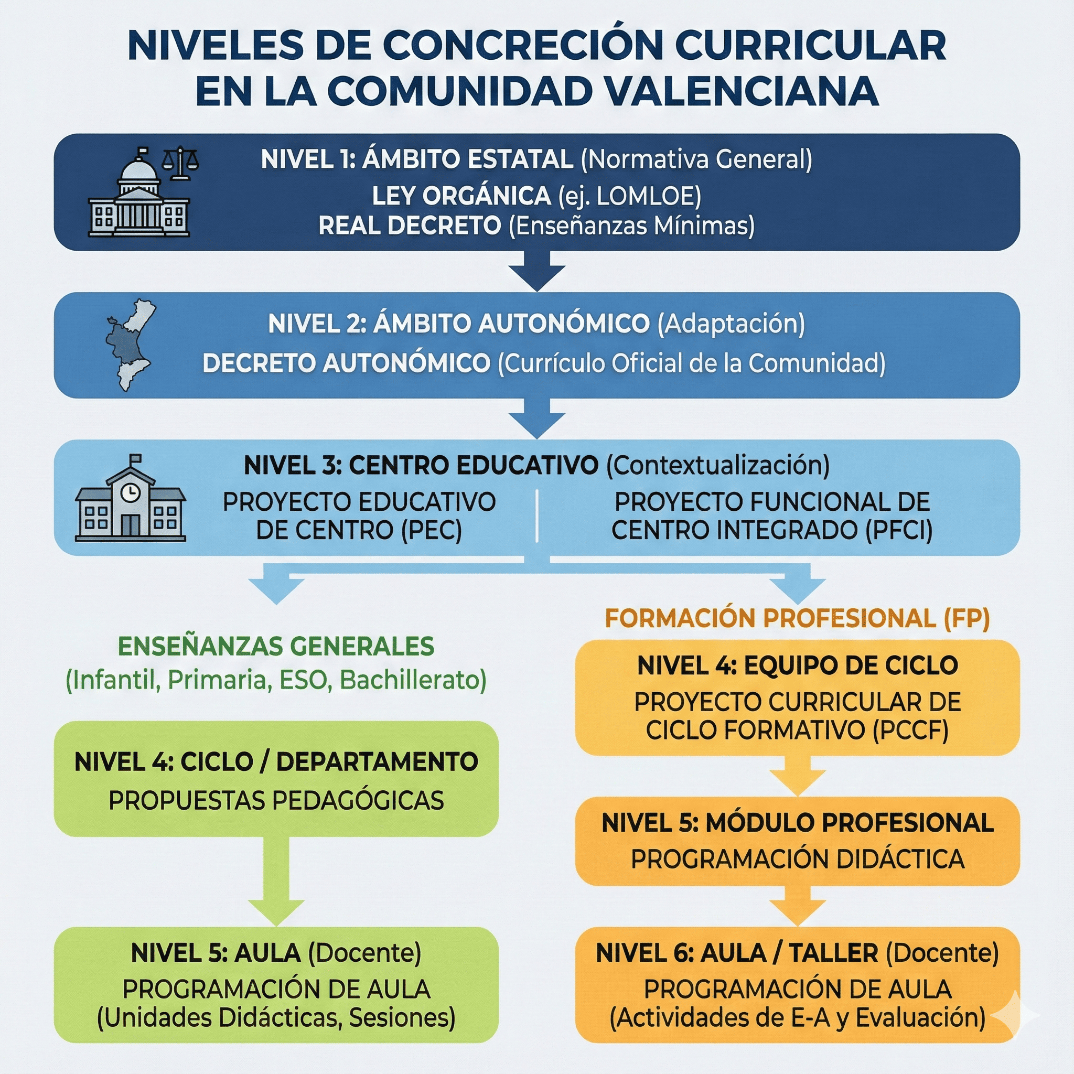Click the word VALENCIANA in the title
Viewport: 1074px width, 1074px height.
click(742, 91)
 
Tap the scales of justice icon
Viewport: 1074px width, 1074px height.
click(179, 163)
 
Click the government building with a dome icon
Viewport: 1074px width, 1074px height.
click(139, 198)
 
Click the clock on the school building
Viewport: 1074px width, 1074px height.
click(130, 491)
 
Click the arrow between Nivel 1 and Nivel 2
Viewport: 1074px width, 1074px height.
click(537, 271)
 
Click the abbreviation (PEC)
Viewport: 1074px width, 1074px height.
click(432, 530)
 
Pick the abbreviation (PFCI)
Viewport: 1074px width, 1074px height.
click(898, 530)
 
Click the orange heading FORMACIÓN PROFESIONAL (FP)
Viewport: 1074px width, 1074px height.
click(797, 618)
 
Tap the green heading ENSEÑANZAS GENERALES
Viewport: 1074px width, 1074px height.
click(276, 646)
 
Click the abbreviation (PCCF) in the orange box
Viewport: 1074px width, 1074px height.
click(910, 730)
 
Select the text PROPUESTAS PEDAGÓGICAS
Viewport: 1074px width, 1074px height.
click(276, 800)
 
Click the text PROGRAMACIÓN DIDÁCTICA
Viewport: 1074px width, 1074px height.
click(797, 859)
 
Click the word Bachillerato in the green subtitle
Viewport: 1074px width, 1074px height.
click(413, 680)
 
